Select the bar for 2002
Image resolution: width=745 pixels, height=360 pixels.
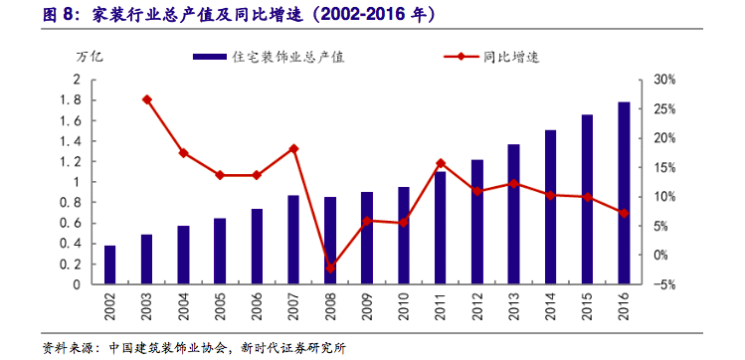coord(110,265)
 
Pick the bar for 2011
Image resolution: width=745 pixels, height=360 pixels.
coord(440,228)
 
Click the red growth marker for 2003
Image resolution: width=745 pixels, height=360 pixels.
coord(147,99)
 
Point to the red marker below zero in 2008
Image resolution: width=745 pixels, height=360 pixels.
coord(330,269)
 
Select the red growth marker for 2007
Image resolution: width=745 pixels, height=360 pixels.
coord(293,148)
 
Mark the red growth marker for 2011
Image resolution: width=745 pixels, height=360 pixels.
coord(440,163)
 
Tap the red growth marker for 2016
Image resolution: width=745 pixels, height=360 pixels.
coord(624,213)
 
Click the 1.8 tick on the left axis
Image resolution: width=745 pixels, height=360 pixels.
coord(70,100)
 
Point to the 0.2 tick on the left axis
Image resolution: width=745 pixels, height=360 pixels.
coord(70,264)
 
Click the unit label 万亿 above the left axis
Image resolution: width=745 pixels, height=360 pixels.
coord(90,58)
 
